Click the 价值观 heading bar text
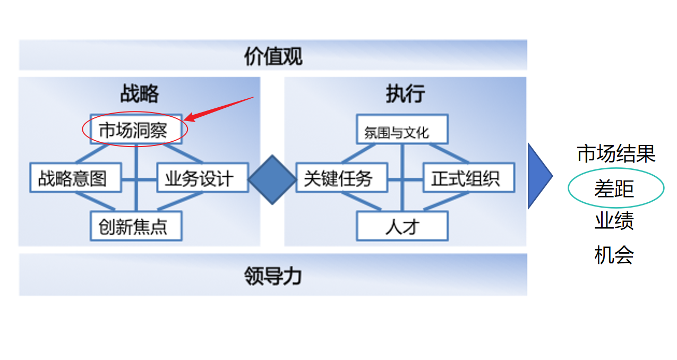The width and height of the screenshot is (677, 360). pyautogui.click(x=273, y=56)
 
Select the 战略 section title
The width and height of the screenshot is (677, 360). pyautogui.click(x=139, y=93)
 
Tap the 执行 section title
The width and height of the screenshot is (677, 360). pyautogui.click(x=405, y=93)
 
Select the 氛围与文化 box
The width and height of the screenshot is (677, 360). pyautogui.click(x=401, y=130)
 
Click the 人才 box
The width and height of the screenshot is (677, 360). pyautogui.click(x=402, y=226)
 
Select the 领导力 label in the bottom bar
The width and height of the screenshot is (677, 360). pyautogui.click(x=273, y=276)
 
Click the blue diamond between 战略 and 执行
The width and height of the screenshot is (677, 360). pyautogui.click(x=272, y=179)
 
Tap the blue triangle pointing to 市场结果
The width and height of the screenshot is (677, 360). pyautogui.click(x=538, y=175)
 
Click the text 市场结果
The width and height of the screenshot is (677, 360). pyautogui.click(x=616, y=154)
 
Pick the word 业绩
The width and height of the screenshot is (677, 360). pyautogui.click(x=614, y=221)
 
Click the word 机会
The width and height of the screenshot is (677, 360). pyautogui.click(x=614, y=255)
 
